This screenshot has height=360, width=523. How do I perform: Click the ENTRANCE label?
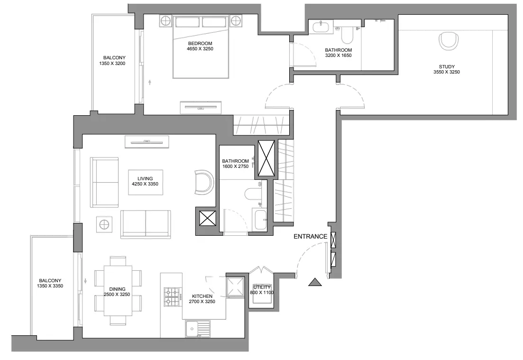tap(310, 237)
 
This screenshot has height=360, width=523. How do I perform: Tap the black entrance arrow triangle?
tap(315, 282)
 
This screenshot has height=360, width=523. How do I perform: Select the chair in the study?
tap(448, 41)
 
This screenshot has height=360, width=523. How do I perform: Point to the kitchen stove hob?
tap(173, 296)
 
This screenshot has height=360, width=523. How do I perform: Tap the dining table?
tap(118, 291)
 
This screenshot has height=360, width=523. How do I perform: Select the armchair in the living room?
tap(204, 182)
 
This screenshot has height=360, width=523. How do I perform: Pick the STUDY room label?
tap(447, 67)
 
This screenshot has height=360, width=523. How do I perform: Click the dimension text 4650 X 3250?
tap(200, 49)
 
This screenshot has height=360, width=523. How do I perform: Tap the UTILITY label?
tap(262, 287)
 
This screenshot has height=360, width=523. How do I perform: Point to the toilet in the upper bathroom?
tap(347, 36)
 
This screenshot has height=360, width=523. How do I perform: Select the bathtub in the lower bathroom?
tap(260, 220)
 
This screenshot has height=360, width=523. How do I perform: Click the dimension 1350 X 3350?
tap(50, 286)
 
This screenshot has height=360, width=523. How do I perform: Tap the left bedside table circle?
tap(166, 21)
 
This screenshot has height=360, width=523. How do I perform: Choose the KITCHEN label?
tap(202, 296)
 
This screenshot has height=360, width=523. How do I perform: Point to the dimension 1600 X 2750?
tap(236, 166)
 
